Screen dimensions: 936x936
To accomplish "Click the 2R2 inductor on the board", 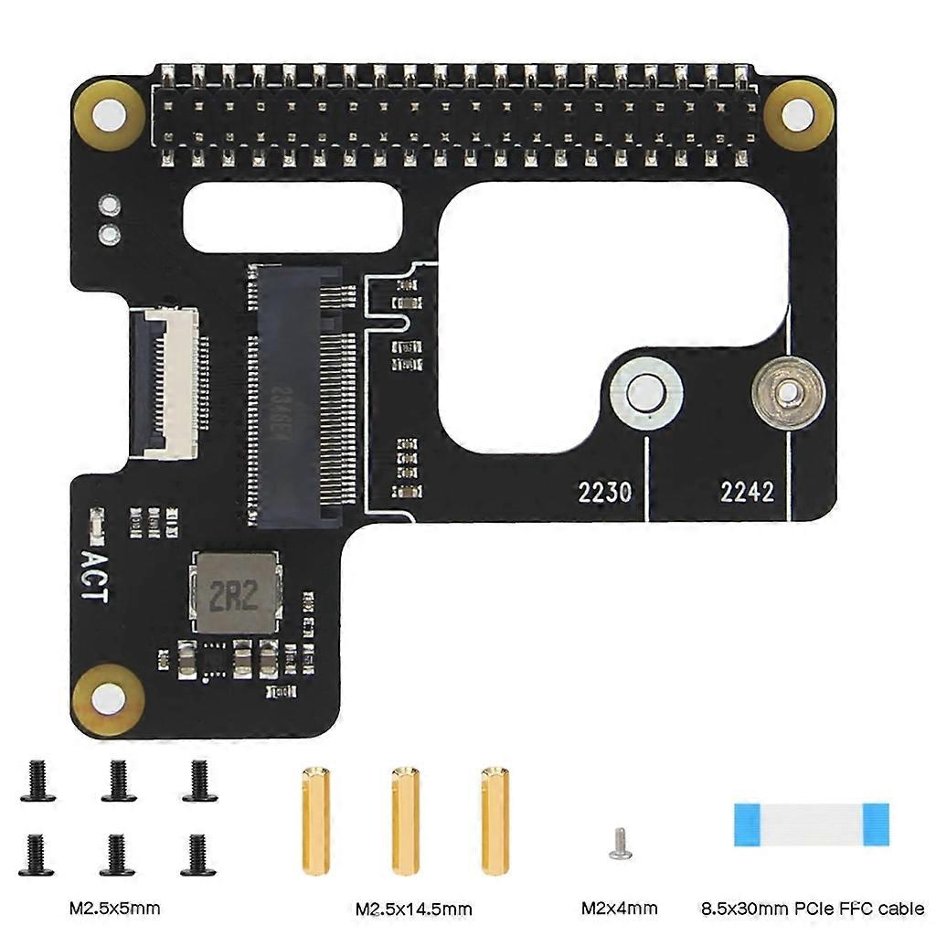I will tap(234, 595).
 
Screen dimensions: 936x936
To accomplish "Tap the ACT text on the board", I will tap(94, 575).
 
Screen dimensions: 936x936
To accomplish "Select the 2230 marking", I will tap(604, 492).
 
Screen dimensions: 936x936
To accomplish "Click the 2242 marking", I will tap(747, 492).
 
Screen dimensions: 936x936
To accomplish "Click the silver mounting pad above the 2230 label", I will tap(646, 393).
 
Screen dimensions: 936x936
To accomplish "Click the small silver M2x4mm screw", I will tap(619, 843).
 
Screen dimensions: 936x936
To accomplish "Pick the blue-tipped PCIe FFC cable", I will tap(811, 824).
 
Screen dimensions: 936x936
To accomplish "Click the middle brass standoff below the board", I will tap(405, 821).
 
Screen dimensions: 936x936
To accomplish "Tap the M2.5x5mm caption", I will tap(114, 909).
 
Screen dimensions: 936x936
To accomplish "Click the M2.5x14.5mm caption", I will tap(413, 909).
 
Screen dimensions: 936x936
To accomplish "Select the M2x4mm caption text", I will tap(619, 909).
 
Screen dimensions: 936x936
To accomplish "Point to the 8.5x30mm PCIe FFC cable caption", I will tap(813, 909).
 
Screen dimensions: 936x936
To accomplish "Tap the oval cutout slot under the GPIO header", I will tap(293, 220).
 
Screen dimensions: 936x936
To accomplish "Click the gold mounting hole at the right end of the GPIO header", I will tap(798, 114).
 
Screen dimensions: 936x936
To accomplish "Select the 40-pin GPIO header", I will tap(454, 117).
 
